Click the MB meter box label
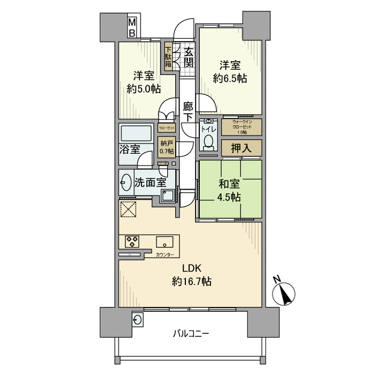(131, 28)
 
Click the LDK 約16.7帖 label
(191, 275)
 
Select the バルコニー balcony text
(191, 333)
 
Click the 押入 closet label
(241, 148)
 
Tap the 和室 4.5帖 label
(229, 190)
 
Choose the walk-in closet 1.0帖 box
(242, 127)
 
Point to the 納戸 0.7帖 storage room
(167, 147)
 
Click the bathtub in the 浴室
(137, 133)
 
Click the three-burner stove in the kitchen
(132, 242)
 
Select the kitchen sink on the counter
(164, 242)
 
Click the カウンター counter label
(164, 255)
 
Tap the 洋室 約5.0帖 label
(143, 82)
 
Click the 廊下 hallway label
(188, 111)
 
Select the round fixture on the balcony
(138, 320)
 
